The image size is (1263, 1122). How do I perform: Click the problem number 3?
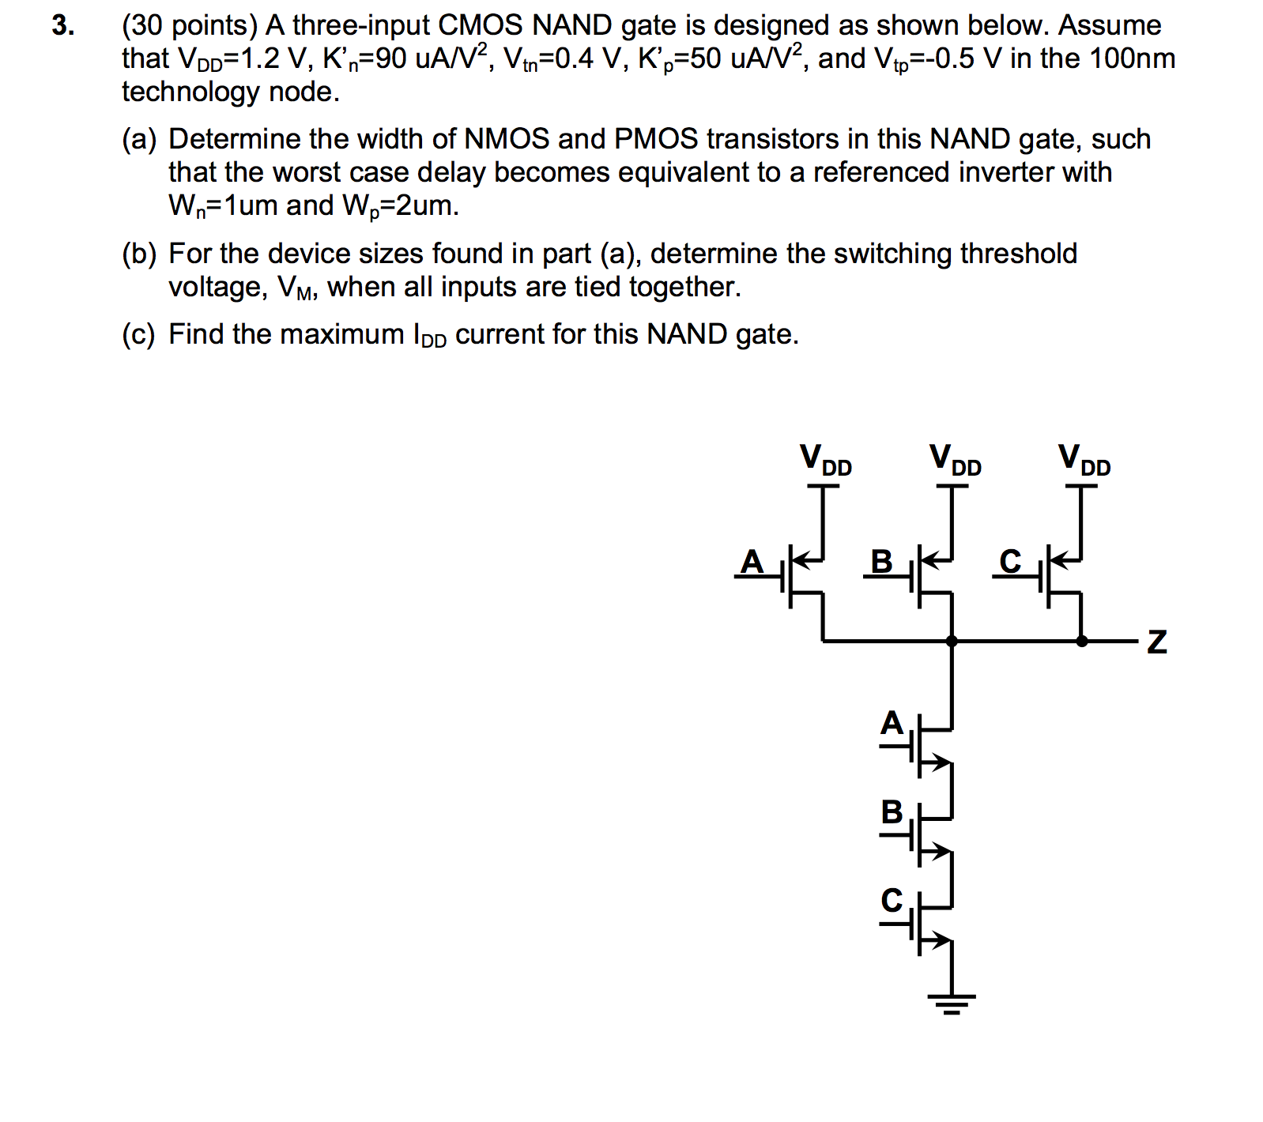click(x=63, y=26)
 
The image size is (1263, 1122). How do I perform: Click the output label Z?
click(x=1156, y=642)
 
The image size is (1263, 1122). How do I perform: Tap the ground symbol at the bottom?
click(x=952, y=1003)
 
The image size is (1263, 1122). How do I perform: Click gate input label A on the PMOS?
click(x=752, y=562)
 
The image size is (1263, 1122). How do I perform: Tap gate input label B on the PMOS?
click(x=881, y=562)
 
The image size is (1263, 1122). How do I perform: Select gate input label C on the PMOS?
click(x=1010, y=562)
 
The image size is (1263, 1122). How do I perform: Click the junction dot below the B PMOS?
click(x=952, y=641)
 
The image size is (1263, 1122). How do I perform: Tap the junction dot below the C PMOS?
click(x=1081, y=641)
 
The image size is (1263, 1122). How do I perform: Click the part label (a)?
click(x=139, y=140)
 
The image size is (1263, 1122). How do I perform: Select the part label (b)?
click(x=139, y=254)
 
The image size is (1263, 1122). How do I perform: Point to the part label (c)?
click(x=139, y=335)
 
